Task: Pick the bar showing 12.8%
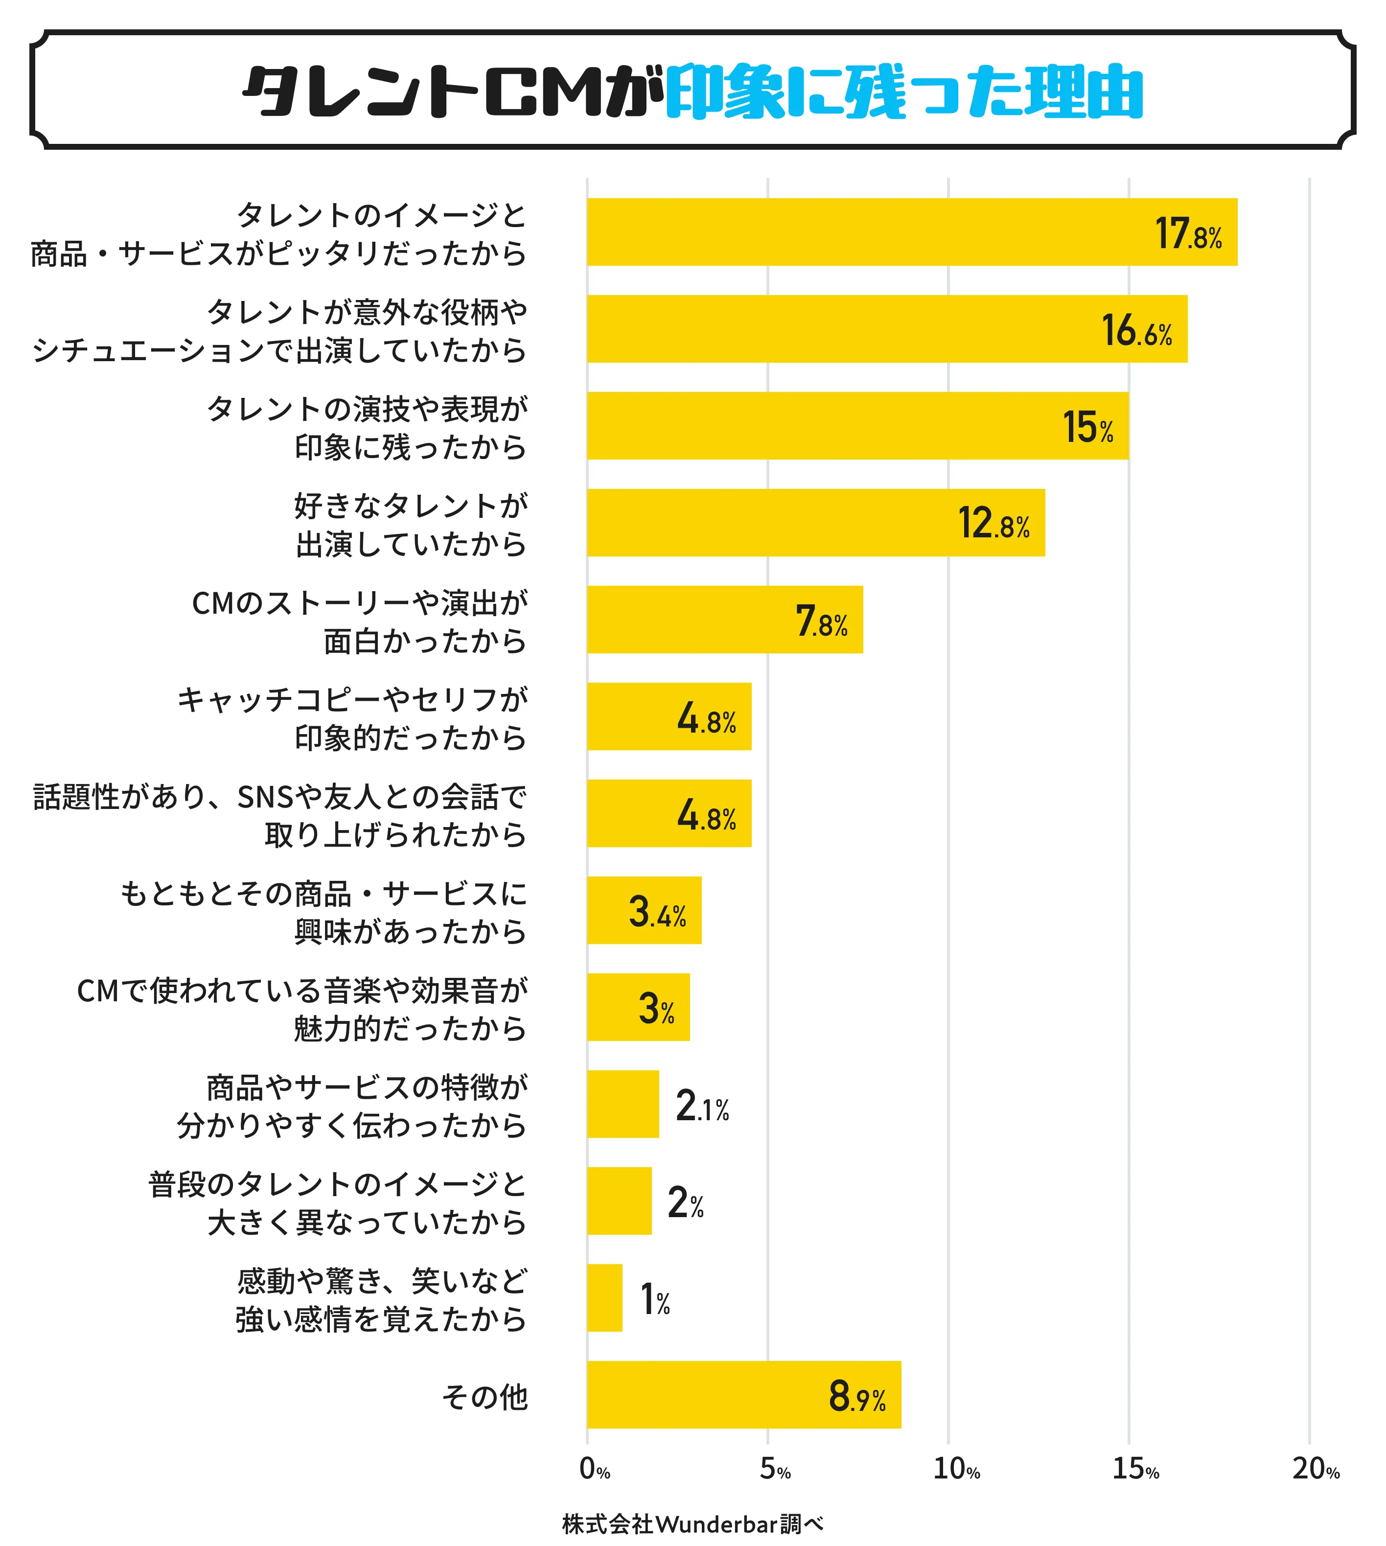(815, 523)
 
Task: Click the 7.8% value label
(821, 621)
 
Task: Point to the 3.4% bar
(644, 911)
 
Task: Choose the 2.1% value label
(702, 1106)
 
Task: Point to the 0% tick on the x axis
(595, 1468)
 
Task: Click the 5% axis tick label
(774, 1468)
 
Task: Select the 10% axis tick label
(956, 1468)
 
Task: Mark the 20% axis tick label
(1315, 1468)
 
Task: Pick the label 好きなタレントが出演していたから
(411, 524)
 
